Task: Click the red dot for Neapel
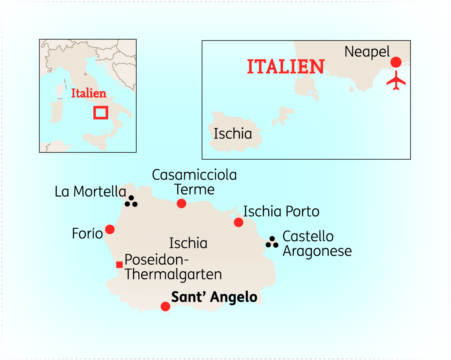[396, 62]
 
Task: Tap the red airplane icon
[396, 80]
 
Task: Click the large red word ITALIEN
[286, 67]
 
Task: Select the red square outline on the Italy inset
[100, 112]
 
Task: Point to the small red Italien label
[88, 94]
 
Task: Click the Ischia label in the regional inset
[233, 134]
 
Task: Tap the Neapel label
[367, 52]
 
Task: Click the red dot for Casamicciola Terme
[181, 204]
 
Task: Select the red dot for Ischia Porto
[238, 222]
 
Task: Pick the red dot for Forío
[110, 229]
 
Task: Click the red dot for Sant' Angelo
[165, 306]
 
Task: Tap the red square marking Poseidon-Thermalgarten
[119, 265]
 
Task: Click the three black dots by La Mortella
[131, 201]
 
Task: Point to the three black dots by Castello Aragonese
[272, 242]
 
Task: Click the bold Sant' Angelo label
[214, 297]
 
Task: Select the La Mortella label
[90, 192]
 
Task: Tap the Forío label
[87, 234]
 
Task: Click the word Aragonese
[317, 251]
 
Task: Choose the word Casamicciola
[194, 175]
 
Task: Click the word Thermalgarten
[173, 274]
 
